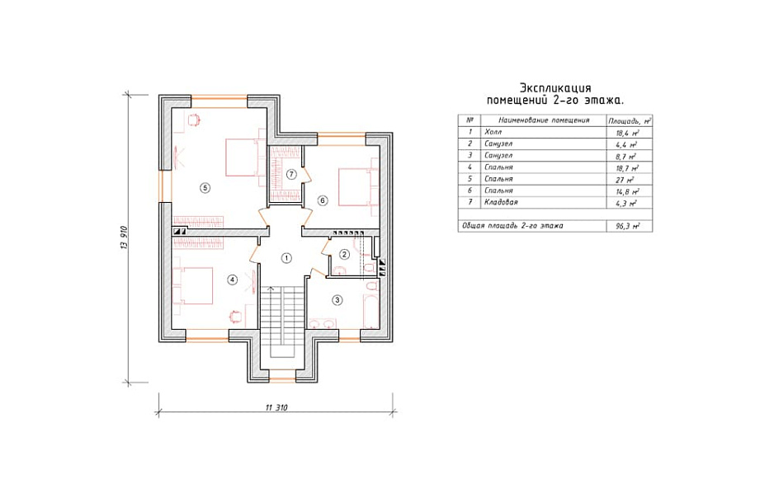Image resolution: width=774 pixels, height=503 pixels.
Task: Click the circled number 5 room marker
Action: [x=205, y=187]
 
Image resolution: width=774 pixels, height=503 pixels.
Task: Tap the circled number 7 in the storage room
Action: [x=291, y=174]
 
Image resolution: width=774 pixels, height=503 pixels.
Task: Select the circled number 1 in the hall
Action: [x=286, y=257]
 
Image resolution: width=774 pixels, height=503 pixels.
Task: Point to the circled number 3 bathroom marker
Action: [x=337, y=300]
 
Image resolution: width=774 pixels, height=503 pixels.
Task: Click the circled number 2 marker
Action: [x=345, y=255]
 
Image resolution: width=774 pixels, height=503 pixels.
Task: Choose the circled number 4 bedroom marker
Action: [x=232, y=280]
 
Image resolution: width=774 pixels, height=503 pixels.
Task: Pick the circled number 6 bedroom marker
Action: [x=323, y=200]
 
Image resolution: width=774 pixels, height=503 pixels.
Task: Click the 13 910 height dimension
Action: [x=124, y=237]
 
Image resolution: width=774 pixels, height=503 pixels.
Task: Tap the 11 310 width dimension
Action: [x=276, y=407]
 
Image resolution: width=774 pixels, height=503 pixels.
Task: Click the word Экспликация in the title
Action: [x=555, y=88]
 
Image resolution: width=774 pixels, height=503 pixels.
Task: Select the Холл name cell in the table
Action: [x=493, y=132]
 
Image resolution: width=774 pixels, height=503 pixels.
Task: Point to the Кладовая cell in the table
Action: [x=501, y=202]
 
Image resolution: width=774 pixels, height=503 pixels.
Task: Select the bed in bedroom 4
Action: [x=193, y=286]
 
